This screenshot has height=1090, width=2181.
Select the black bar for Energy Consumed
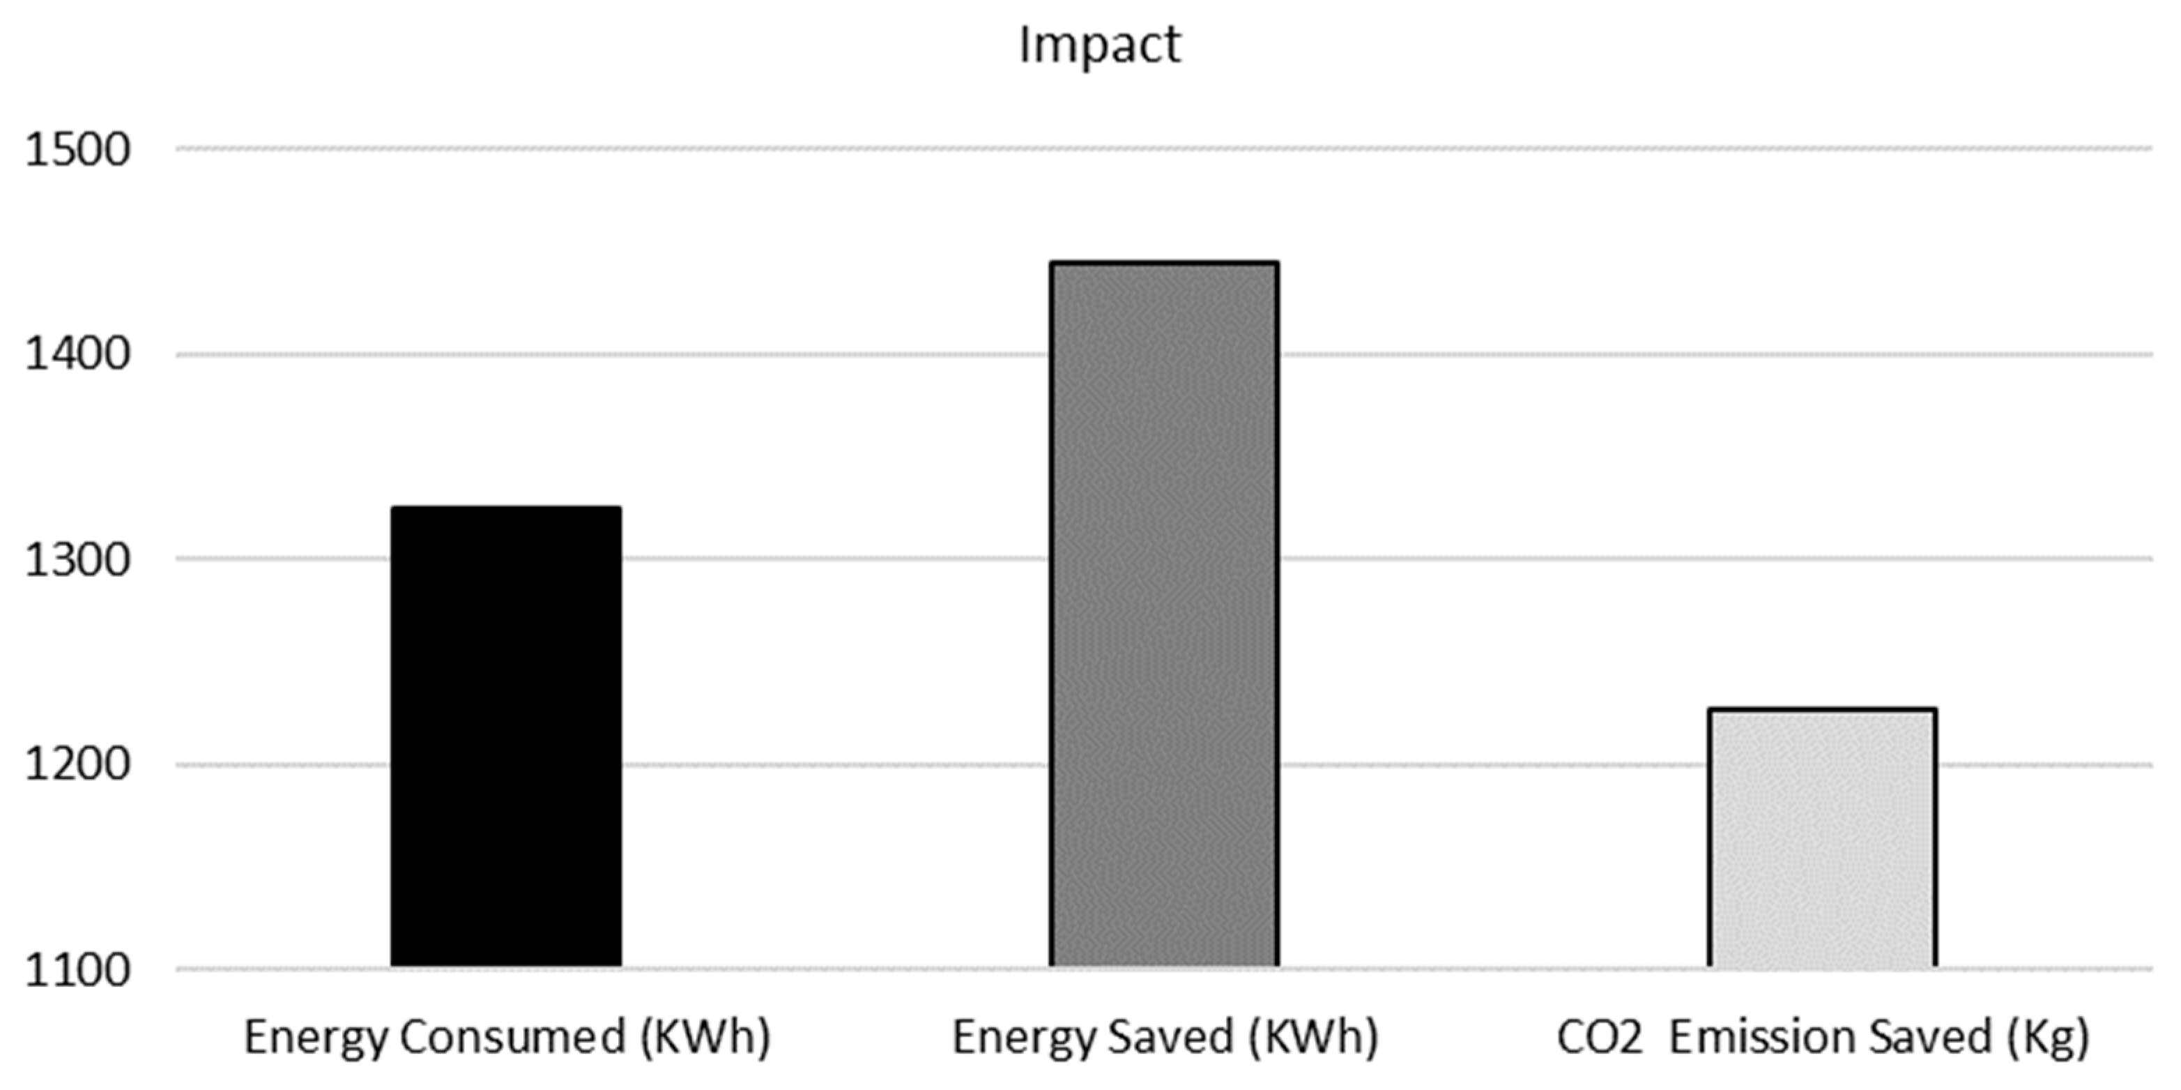tap(506, 737)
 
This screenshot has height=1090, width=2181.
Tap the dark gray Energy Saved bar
tap(1164, 614)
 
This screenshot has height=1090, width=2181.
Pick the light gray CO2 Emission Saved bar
tap(1822, 838)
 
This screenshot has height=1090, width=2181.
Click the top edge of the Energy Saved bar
tap(1164, 264)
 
